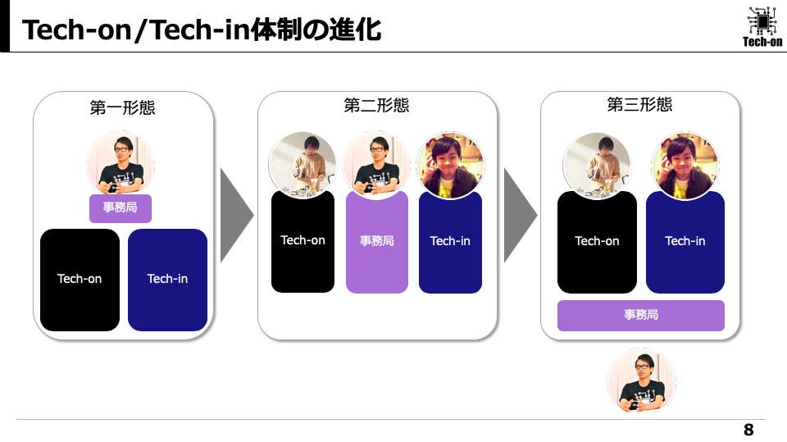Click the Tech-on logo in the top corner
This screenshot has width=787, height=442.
(762, 26)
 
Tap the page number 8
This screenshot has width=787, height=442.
(748, 430)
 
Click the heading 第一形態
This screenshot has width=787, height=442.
(122, 107)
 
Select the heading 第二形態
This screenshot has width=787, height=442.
(376, 106)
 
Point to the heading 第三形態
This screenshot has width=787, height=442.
(639, 105)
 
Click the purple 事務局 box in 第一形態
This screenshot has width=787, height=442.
(120, 208)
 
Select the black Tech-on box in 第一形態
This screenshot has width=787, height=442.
(80, 280)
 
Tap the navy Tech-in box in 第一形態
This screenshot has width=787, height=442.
(167, 280)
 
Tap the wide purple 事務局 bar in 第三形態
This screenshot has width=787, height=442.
(640, 315)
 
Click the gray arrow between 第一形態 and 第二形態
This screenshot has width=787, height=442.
(235, 216)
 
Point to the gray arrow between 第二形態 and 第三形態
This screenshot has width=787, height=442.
(519, 216)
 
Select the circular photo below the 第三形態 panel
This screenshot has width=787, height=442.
(640, 380)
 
